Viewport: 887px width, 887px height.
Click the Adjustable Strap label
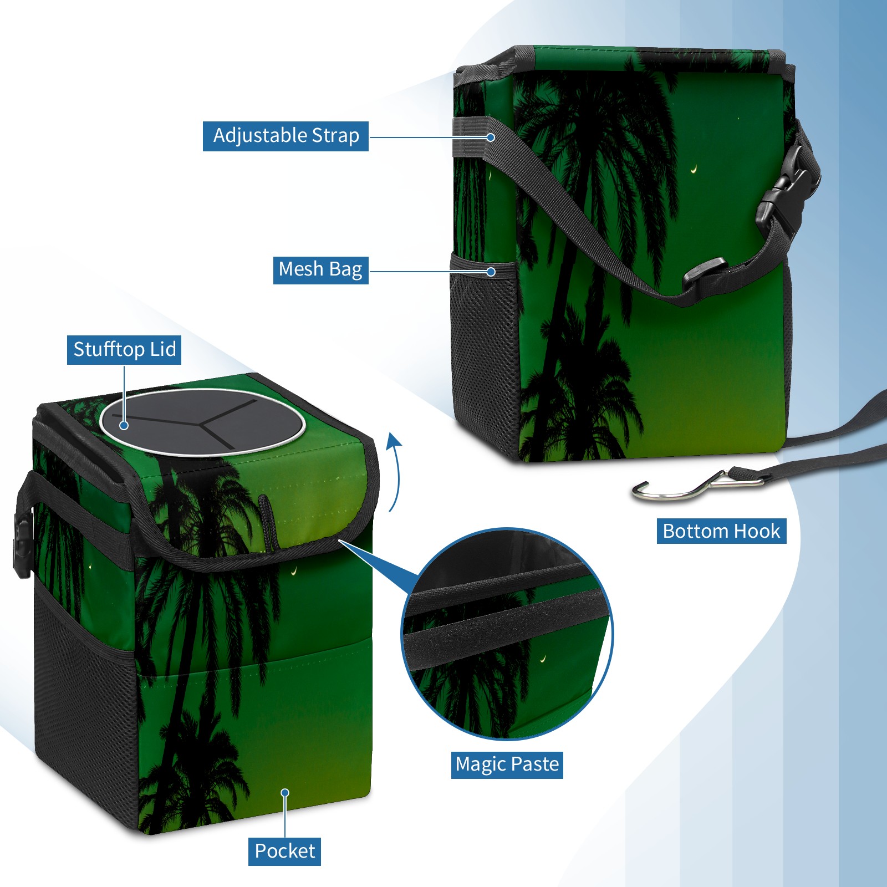click(286, 136)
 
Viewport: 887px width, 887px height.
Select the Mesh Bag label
click(320, 270)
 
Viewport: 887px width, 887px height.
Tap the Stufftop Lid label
click(124, 350)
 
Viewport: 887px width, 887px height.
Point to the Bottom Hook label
click(721, 531)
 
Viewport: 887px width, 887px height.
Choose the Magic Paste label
click(507, 764)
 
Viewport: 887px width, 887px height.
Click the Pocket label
click(284, 851)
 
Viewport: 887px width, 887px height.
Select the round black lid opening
click(202, 422)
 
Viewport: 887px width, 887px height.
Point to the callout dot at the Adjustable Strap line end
click(491, 137)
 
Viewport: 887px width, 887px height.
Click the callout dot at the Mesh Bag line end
click(491, 272)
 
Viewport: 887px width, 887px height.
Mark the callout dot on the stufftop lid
click(124, 425)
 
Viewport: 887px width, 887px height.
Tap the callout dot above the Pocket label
click(285, 793)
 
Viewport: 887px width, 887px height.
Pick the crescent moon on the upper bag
click(694, 170)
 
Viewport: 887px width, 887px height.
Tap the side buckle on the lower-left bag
click(23, 546)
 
